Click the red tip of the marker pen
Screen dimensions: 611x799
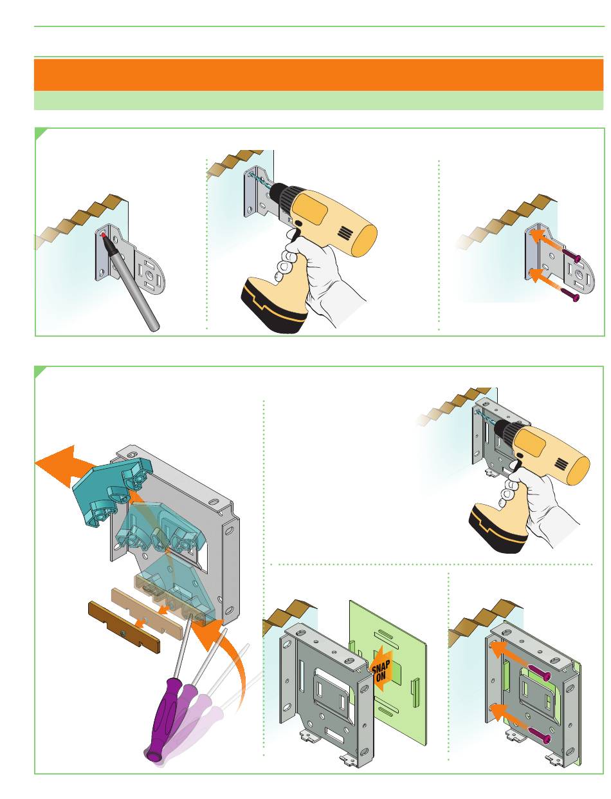[x=104, y=234]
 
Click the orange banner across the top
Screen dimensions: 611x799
[x=318, y=75]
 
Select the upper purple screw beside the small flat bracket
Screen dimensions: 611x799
[x=571, y=255]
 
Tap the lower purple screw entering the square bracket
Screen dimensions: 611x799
[x=539, y=735]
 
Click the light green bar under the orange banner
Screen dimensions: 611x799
[x=318, y=100]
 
